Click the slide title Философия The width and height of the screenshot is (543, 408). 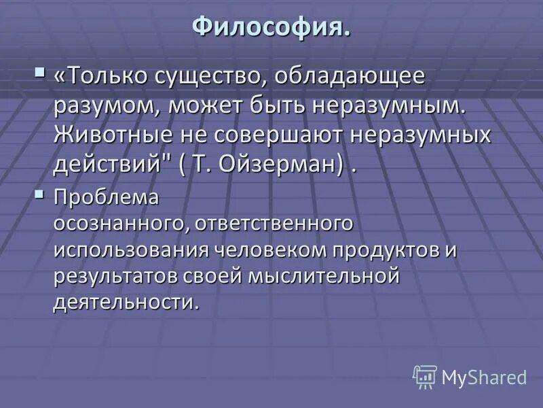click(x=271, y=27)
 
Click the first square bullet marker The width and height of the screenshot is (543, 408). click(x=41, y=70)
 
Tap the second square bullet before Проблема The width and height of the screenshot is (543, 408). click(x=41, y=195)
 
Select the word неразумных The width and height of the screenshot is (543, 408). click(x=421, y=135)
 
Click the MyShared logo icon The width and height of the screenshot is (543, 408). click(x=425, y=376)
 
